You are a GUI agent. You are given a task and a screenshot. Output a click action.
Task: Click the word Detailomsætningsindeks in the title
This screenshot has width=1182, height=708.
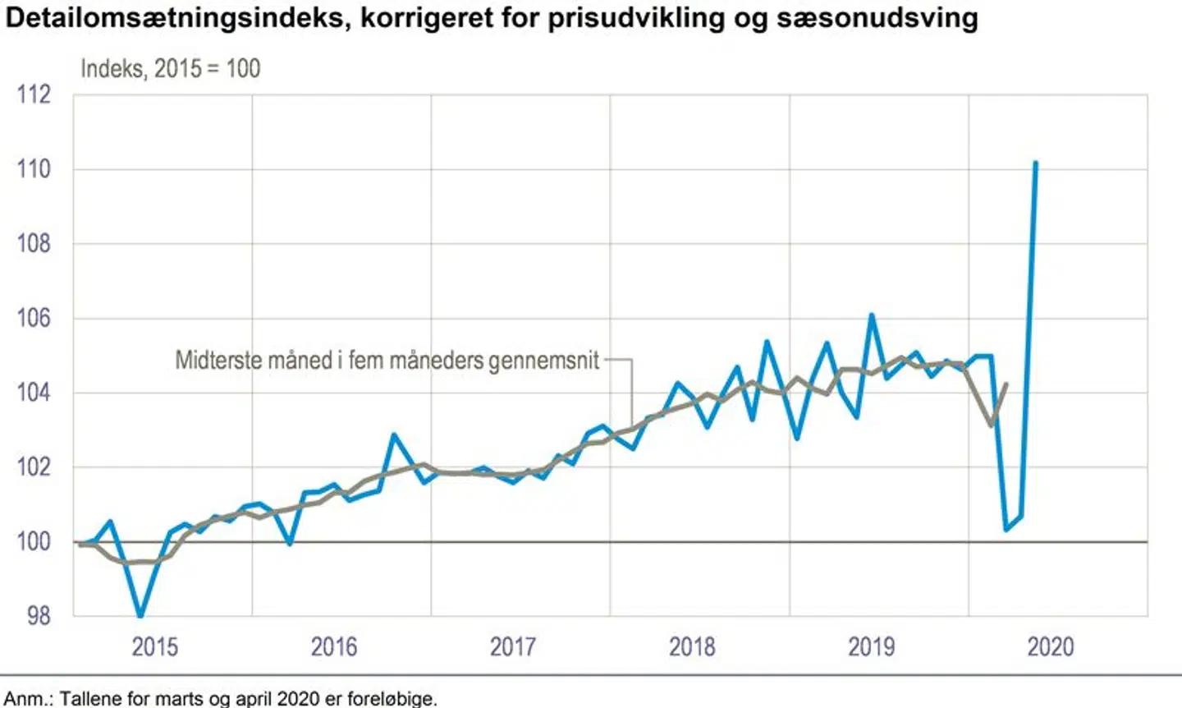(x=167, y=18)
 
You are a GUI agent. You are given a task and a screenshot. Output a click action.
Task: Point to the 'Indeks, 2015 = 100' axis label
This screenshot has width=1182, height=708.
(x=170, y=68)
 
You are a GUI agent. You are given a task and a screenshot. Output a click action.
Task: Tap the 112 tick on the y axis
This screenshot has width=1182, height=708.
(x=34, y=94)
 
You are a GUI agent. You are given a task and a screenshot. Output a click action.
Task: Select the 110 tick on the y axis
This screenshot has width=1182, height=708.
(x=34, y=169)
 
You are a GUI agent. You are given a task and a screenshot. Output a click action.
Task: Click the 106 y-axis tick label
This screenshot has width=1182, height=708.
(x=34, y=318)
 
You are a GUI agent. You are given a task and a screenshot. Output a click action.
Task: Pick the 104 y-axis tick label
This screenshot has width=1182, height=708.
(x=34, y=393)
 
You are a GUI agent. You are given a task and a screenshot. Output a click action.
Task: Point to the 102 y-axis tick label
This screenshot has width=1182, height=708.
(x=34, y=467)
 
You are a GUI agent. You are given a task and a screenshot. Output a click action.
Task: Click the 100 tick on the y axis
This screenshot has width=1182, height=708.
(x=34, y=541)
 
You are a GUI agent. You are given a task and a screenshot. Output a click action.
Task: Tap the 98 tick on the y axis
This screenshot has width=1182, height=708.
(x=38, y=616)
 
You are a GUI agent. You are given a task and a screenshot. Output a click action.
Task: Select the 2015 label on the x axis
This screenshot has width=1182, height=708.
(x=154, y=647)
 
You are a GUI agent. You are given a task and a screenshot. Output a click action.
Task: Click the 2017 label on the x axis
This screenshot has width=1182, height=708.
(x=513, y=647)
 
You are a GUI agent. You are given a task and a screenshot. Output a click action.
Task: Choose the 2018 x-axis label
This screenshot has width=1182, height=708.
(x=692, y=647)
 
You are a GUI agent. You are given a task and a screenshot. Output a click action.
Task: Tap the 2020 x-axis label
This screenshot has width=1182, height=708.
(x=1050, y=647)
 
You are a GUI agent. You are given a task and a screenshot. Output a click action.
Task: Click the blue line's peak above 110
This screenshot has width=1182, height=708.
(x=1035, y=163)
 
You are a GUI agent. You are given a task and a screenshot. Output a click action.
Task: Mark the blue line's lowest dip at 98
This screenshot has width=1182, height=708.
(x=140, y=615)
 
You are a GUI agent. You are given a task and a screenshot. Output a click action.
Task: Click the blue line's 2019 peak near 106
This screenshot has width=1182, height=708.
(x=871, y=315)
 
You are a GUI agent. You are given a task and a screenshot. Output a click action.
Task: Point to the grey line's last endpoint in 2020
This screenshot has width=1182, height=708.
(x=1006, y=384)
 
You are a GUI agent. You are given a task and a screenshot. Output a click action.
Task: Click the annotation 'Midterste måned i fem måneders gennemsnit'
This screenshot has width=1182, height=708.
(x=387, y=360)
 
